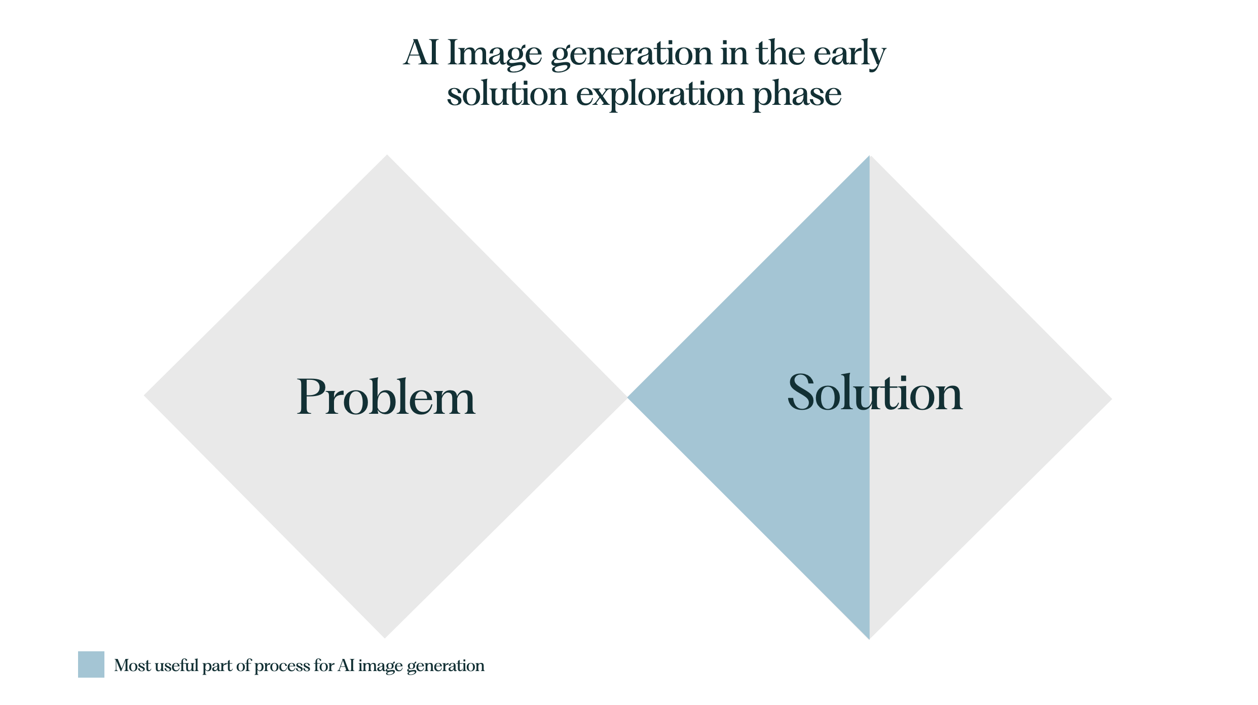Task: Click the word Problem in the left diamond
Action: coord(386,397)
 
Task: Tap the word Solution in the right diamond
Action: coord(874,393)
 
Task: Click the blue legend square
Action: coord(91,664)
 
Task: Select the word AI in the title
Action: coord(421,53)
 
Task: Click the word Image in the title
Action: coord(494,54)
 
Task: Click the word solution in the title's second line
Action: coord(507,94)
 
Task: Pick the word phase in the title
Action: coord(797,95)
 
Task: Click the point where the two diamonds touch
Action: coord(627,397)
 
